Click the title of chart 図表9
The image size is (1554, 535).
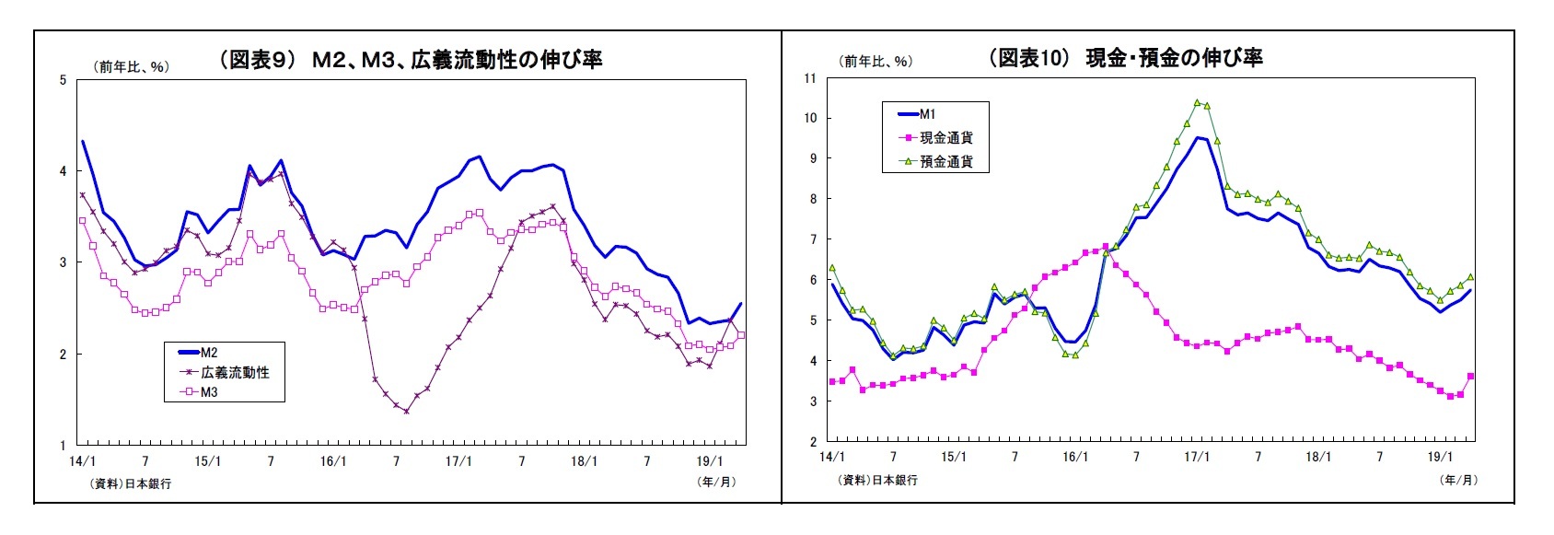[411, 60]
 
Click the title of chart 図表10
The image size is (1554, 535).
[1125, 58]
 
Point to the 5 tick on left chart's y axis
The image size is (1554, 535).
[64, 80]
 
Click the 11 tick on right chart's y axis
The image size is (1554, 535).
[809, 78]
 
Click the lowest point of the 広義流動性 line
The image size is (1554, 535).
[406, 412]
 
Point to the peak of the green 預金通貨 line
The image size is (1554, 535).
[1197, 102]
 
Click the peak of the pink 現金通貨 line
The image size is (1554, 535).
[1105, 246]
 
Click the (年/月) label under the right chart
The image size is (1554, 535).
[1457, 480]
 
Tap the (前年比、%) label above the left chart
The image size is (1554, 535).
[131, 66]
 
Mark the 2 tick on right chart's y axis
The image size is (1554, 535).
[813, 442]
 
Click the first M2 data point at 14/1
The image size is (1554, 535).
[83, 142]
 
